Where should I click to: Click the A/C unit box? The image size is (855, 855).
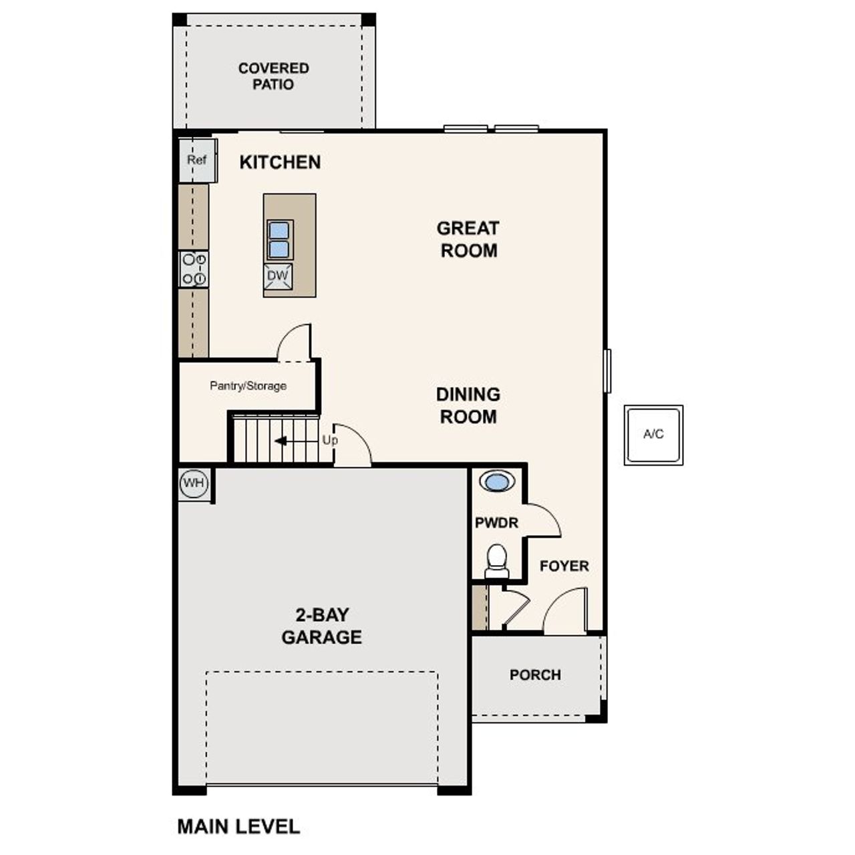tap(653, 435)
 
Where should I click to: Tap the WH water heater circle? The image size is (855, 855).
tap(194, 484)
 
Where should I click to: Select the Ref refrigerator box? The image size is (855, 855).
tap(197, 160)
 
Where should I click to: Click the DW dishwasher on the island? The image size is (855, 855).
tap(277, 276)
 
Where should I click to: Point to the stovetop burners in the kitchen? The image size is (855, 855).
tap(194, 269)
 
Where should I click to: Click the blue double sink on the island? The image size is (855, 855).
tap(279, 240)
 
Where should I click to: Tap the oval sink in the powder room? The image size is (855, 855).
tap(496, 482)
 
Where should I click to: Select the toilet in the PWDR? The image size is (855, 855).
tap(496, 560)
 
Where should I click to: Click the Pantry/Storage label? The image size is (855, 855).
tap(248, 386)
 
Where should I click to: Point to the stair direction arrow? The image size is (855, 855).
tap(281, 441)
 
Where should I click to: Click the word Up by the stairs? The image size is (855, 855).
tap(330, 441)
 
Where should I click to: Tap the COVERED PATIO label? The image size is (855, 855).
tap(273, 76)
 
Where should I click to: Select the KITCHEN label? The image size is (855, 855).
tap(280, 162)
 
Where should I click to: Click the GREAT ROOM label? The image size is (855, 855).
tap(468, 239)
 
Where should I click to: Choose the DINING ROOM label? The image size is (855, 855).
tap(468, 405)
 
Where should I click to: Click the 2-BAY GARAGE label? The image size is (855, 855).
tap(321, 626)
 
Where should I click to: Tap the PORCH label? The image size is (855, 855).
tap(535, 675)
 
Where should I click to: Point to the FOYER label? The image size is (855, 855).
tap(564, 566)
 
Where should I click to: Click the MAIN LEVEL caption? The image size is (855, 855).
tap(238, 827)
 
